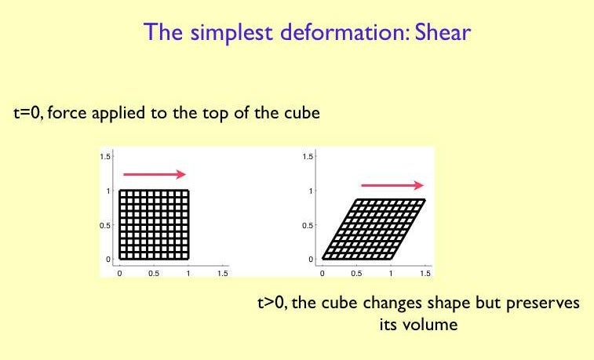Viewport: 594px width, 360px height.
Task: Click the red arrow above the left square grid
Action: [154, 173]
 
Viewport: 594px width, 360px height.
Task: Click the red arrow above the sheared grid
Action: [392, 184]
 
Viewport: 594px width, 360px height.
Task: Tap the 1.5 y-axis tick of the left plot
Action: [104, 157]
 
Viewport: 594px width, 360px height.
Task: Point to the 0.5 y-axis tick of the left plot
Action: [104, 225]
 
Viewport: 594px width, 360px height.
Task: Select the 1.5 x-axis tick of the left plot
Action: [222, 273]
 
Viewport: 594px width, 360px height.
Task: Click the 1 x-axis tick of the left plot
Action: [188, 273]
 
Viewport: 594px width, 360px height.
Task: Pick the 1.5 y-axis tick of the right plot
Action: [308, 157]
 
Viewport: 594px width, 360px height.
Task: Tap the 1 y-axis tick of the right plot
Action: [312, 191]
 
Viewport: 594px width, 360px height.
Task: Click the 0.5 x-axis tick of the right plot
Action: [357, 273]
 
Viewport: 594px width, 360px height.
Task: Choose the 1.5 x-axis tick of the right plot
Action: [425, 273]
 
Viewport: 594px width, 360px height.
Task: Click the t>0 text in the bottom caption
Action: [271, 303]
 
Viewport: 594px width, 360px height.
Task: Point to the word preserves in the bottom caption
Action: [541, 303]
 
